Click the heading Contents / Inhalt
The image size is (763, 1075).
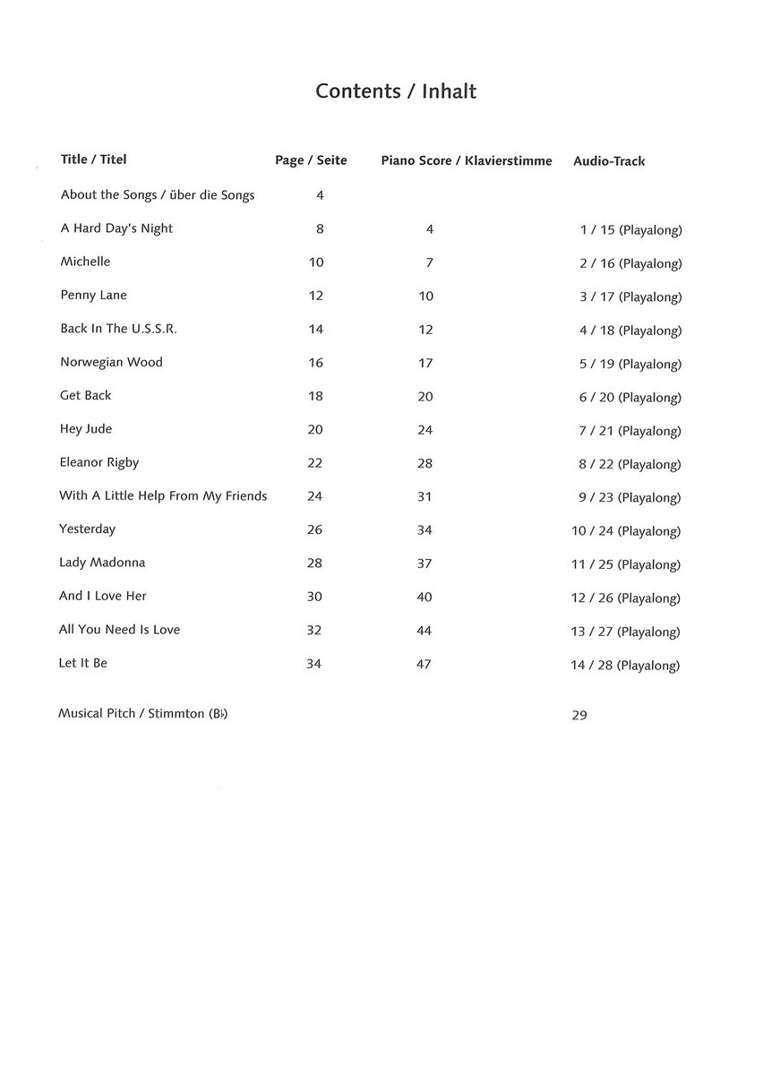click(396, 91)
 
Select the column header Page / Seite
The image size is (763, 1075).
click(311, 160)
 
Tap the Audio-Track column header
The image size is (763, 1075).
click(609, 161)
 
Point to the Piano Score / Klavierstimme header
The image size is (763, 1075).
click(467, 160)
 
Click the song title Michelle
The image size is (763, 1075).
click(85, 262)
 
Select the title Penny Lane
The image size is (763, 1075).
click(93, 295)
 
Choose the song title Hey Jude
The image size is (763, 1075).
click(86, 429)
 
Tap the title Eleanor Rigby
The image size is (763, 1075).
click(99, 462)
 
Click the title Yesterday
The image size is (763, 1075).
click(87, 529)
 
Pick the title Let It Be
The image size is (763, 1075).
click(82, 663)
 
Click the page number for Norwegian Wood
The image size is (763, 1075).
click(315, 363)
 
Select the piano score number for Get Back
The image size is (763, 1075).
click(425, 396)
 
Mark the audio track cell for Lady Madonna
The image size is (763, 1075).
click(626, 564)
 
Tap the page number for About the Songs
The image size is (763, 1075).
click(320, 195)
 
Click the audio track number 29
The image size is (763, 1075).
click(579, 715)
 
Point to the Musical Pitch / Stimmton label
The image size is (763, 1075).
click(142, 714)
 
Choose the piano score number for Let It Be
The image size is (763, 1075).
click(424, 664)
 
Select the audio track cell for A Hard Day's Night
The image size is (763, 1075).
click(630, 230)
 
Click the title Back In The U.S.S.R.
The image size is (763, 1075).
click(118, 329)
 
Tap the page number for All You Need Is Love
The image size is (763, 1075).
click(313, 630)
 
